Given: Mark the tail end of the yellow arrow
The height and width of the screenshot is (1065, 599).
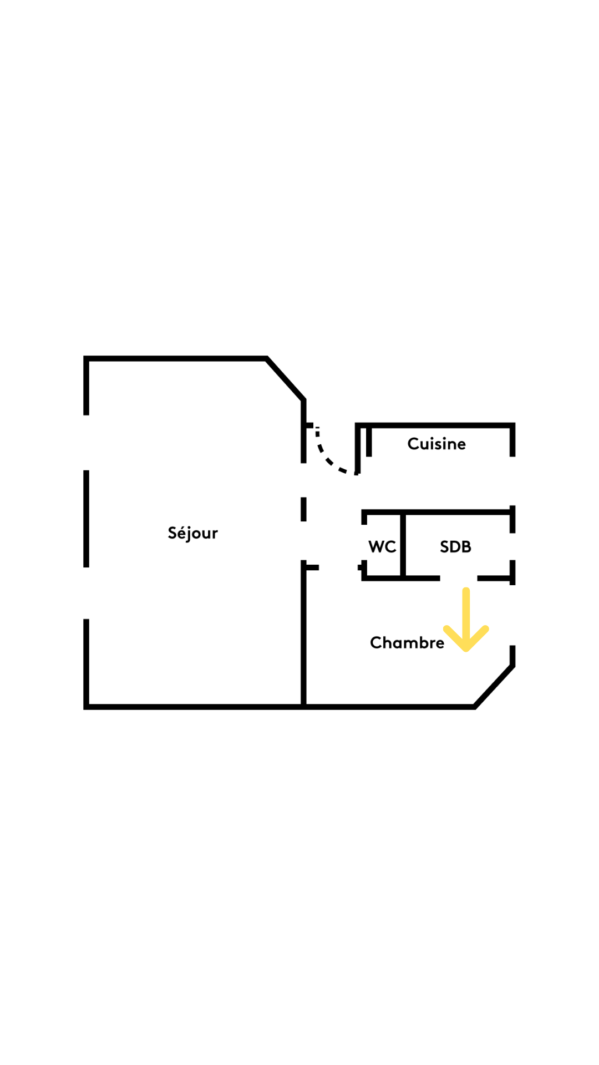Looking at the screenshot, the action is pos(466,590).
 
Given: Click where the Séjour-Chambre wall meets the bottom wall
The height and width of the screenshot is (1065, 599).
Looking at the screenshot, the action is pos(303,707).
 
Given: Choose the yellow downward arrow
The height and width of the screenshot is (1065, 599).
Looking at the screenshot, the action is pos(466,620).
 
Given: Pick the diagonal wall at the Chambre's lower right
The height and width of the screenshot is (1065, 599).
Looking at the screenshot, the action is pos(494,686).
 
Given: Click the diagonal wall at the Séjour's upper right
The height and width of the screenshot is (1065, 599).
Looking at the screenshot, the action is pos(285,379).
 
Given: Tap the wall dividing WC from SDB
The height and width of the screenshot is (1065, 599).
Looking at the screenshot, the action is pos(403,545).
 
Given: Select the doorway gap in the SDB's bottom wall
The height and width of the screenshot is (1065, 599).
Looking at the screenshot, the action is pos(459,578).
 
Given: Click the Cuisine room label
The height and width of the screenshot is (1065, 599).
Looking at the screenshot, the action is pos(436,444).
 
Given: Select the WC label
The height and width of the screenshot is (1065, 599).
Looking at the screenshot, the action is pos(382,547).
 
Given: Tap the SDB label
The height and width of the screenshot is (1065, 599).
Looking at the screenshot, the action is pos(455,547).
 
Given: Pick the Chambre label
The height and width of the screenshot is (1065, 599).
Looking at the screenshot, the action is pos(407,642).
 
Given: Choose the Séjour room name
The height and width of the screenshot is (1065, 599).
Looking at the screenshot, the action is pos(192,533).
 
